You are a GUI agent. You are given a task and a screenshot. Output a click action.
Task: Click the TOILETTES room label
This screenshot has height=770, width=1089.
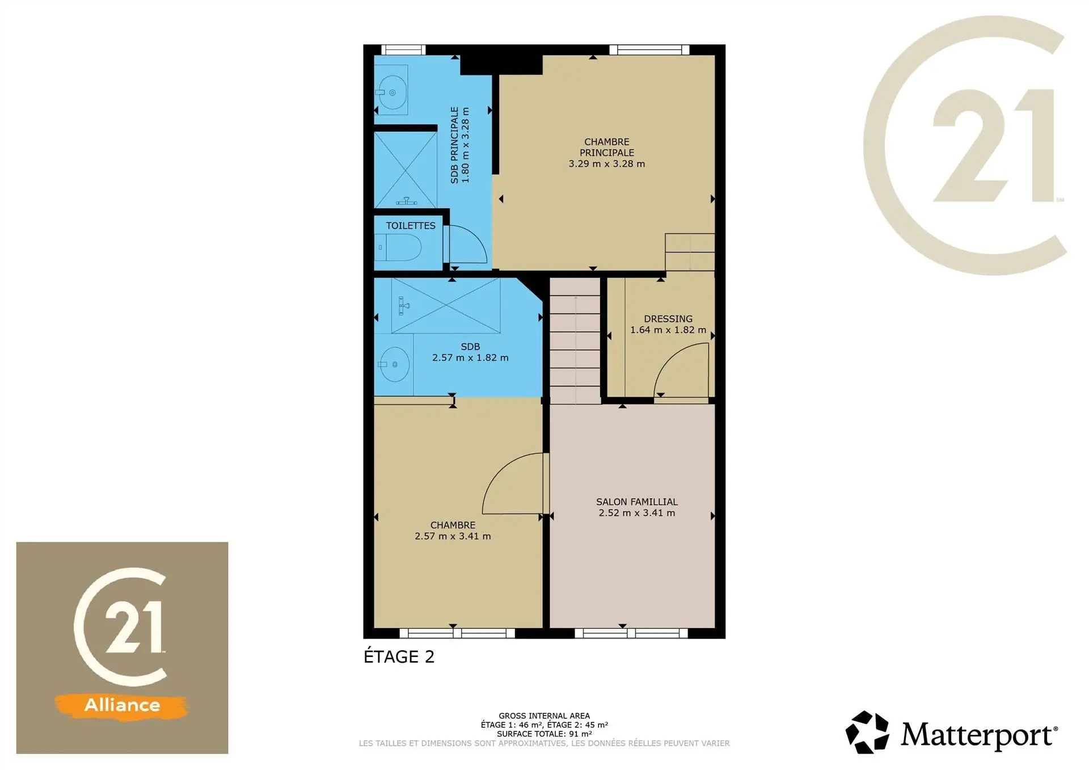click(411, 226)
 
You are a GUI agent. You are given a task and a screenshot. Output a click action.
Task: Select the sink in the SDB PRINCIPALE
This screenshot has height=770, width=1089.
click(391, 92)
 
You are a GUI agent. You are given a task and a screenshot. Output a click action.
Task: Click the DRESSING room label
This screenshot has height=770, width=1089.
click(668, 319)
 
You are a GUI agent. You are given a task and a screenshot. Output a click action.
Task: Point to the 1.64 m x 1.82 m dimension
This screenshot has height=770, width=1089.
click(668, 330)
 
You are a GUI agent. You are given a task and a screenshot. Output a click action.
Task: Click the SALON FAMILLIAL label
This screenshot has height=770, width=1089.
click(637, 502)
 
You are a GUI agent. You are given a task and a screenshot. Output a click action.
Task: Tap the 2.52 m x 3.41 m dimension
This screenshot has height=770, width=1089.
click(637, 513)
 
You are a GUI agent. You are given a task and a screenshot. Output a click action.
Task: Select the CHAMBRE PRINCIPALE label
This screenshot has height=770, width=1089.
click(607, 148)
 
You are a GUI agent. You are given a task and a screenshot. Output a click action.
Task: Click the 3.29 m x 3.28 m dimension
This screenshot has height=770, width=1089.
click(607, 164)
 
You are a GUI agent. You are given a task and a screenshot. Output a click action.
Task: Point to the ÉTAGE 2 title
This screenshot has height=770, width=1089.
click(399, 657)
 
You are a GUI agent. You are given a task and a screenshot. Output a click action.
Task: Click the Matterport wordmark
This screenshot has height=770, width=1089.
click(979, 735)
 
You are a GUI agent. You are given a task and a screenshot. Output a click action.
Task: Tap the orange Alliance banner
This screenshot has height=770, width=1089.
click(122, 705)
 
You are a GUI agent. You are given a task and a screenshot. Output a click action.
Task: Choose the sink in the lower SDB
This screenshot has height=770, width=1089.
click(394, 364)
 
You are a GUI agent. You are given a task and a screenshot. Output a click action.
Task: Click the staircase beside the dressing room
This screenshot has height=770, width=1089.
click(575, 340)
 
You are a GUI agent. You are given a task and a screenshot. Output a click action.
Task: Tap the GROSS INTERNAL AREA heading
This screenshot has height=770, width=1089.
click(544, 716)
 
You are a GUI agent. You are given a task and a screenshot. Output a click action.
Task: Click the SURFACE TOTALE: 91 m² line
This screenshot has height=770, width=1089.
click(544, 734)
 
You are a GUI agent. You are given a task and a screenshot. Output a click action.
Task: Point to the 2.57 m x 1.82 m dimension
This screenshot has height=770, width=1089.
click(470, 358)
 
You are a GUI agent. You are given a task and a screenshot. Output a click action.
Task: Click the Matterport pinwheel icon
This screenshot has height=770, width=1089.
click(867, 733)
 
